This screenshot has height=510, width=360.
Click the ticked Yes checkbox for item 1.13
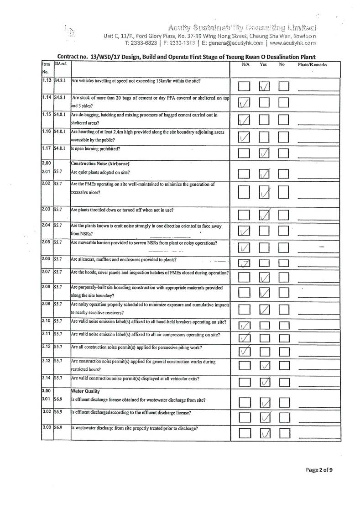(x=265, y=86)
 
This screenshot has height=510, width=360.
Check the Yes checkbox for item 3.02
(x=265, y=417)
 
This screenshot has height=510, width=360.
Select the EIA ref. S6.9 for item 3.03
(x=58, y=429)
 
